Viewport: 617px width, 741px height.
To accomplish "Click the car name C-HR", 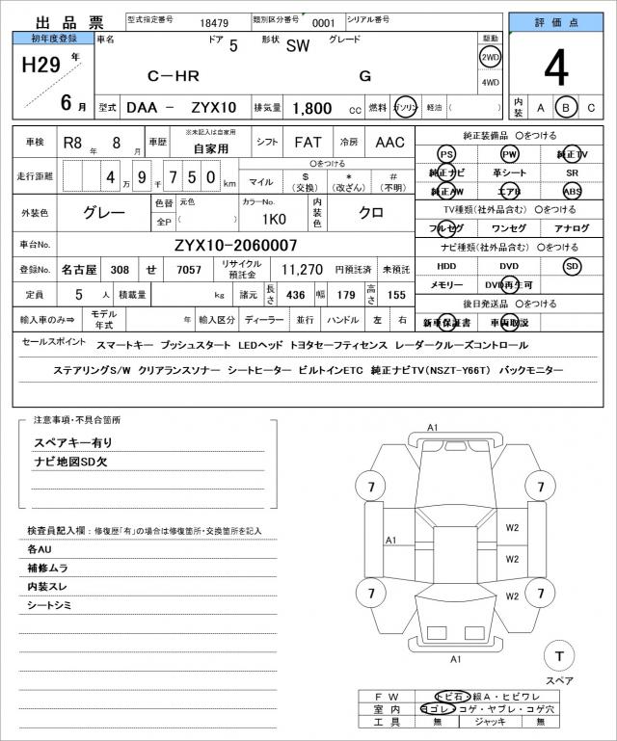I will click(173, 75).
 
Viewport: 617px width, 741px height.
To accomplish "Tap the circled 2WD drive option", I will click(490, 58).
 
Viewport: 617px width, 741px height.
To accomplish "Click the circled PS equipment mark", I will click(445, 155).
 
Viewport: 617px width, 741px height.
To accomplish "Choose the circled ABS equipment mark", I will click(573, 191).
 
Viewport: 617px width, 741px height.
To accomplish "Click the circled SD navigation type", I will click(573, 266).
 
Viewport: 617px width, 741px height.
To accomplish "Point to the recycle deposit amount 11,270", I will click(302, 270).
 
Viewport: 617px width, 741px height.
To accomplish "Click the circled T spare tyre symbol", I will click(557, 656).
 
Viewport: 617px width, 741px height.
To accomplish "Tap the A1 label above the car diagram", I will click(433, 427).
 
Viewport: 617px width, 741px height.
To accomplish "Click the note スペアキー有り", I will click(73, 442).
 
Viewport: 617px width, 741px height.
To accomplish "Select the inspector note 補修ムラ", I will click(47, 568).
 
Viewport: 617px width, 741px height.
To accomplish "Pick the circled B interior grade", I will click(567, 107).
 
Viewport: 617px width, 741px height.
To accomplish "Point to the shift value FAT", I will click(308, 143).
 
